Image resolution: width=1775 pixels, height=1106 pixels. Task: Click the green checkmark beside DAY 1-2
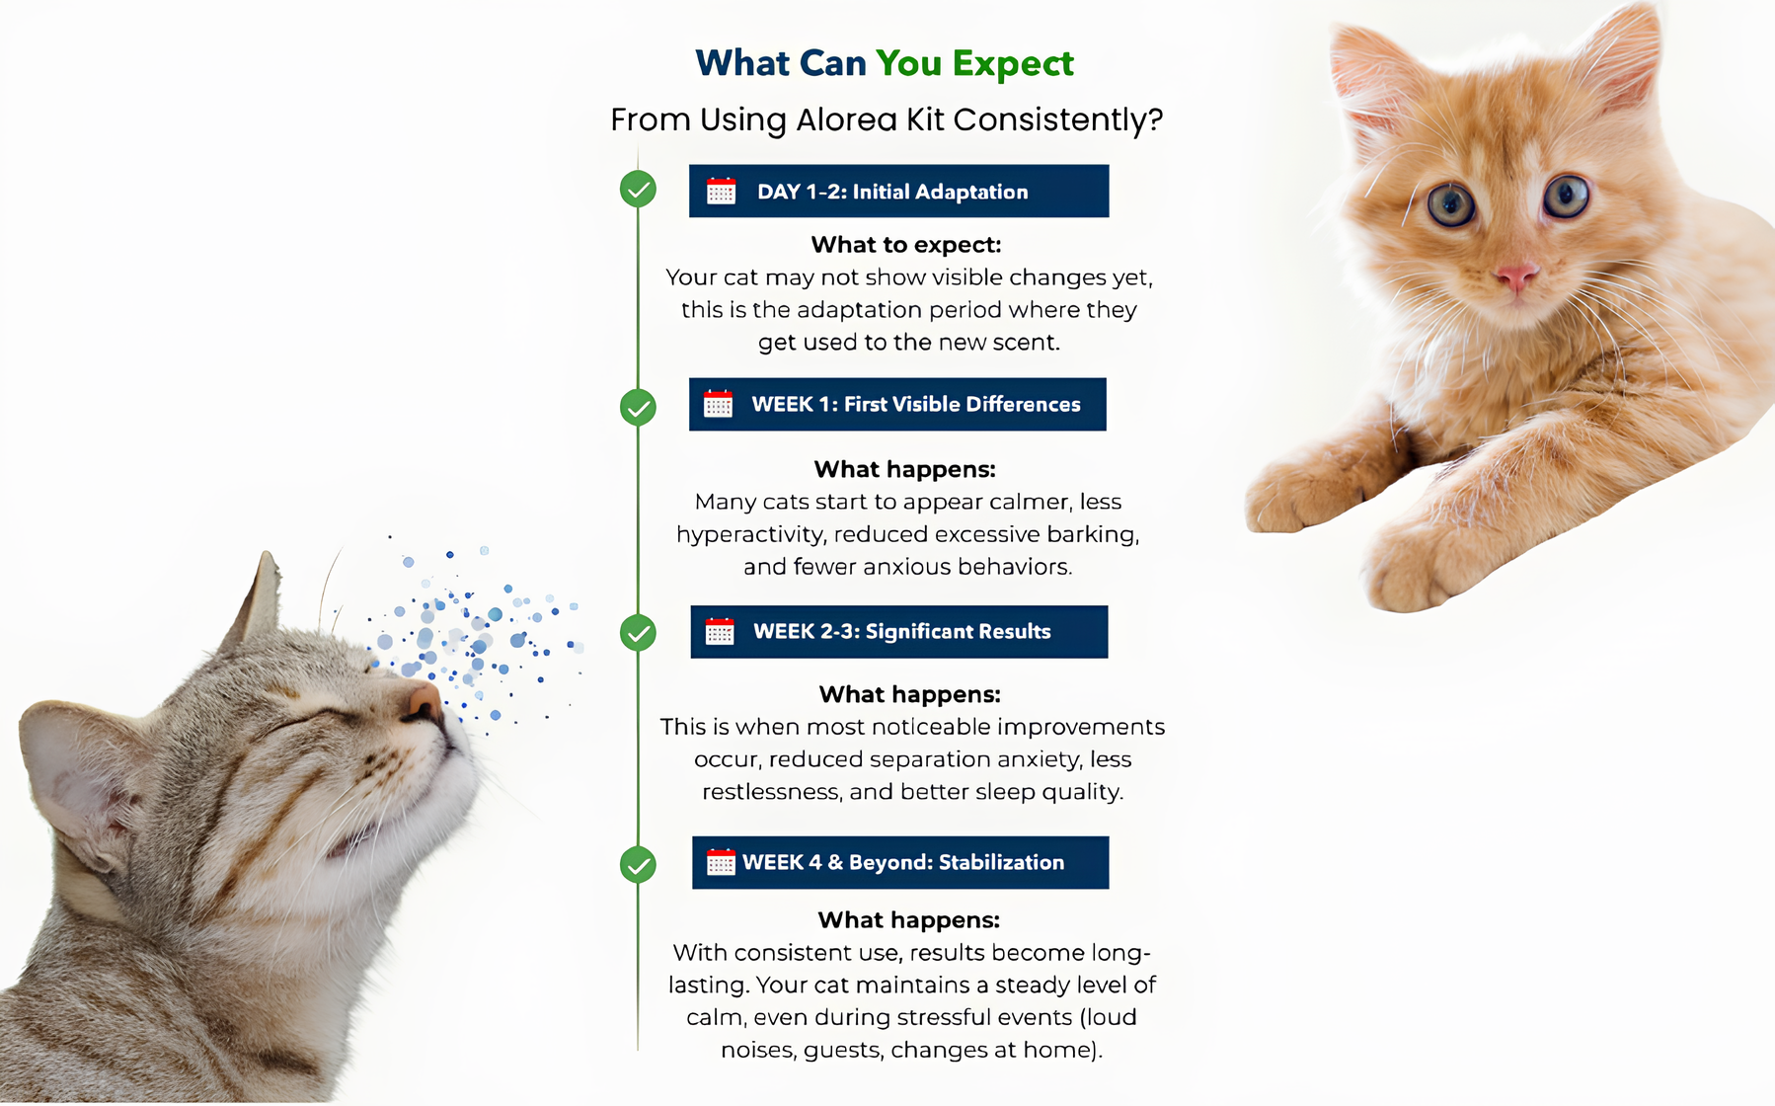click(x=638, y=189)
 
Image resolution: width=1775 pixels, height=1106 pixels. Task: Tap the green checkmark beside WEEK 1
click(x=638, y=407)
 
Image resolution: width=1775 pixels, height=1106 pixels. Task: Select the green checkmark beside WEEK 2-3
click(x=638, y=633)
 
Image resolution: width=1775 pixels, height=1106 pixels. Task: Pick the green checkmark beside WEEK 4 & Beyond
click(x=638, y=865)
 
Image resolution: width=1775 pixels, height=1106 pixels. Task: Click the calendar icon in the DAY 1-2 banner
click(x=721, y=192)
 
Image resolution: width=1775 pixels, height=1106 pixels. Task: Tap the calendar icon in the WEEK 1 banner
click(x=718, y=404)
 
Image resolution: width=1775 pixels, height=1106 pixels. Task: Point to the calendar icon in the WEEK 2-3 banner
click(x=720, y=632)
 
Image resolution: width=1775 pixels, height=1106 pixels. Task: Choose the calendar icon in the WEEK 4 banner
click(x=721, y=862)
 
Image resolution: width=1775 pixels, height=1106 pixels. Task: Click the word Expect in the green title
click(x=1013, y=64)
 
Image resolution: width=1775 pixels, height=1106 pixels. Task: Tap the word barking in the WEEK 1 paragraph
click(x=1093, y=534)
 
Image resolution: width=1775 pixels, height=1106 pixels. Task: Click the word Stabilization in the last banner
click(x=1001, y=862)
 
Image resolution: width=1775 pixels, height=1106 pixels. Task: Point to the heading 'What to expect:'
click(x=906, y=244)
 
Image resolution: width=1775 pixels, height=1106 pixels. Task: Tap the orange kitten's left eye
click(x=1450, y=204)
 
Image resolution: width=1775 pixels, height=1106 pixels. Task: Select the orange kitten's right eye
click(x=1566, y=195)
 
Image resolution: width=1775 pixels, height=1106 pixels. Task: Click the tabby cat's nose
click(x=424, y=700)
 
